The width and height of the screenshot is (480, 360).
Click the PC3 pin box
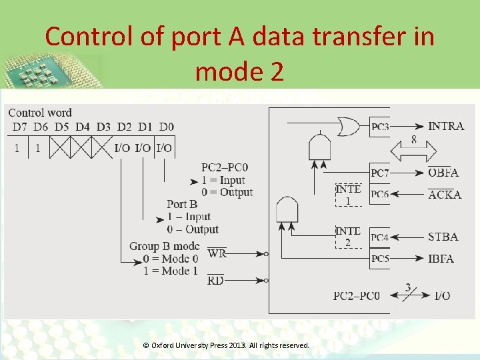coord(380,127)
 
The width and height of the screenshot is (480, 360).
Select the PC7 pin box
coord(380,173)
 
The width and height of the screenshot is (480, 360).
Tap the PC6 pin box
coord(380,194)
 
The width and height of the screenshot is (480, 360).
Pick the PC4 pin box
coord(380,237)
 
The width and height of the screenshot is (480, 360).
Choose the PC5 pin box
coord(380,259)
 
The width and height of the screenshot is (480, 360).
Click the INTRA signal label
coord(446,126)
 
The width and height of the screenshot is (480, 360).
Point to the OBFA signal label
coord(443,173)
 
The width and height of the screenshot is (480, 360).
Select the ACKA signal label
coord(444,194)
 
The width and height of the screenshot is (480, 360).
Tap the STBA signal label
coord(443,237)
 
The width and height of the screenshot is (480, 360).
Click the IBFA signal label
coord(441,258)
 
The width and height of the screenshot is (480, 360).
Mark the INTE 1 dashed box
coord(348,194)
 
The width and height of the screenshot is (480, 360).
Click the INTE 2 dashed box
coord(348,237)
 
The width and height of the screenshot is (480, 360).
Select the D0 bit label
coord(167,127)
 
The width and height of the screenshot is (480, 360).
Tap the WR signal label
coord(217,253)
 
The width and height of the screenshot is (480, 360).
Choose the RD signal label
coord(215,281)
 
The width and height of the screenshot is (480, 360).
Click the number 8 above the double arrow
coord(414,140)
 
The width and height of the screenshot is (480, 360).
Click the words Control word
coord(40,113)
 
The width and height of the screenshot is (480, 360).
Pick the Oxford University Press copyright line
coord(226,345)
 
